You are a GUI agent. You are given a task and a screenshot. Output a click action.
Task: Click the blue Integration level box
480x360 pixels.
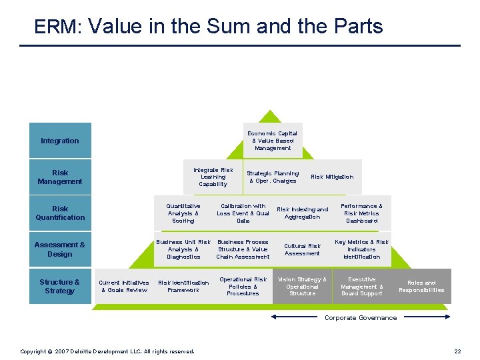[60, 141]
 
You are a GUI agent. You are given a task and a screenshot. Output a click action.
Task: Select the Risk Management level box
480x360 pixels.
[60, 177]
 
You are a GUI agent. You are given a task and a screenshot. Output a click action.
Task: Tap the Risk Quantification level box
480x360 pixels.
[60, 213]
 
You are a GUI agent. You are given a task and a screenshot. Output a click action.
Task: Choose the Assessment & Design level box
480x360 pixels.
[60, 249]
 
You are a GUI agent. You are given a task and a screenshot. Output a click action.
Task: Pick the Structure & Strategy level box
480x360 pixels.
[60, 286]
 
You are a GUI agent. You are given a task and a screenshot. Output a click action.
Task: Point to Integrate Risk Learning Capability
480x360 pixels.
[213, 177]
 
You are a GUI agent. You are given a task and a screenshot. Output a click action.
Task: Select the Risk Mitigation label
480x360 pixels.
[332, 177]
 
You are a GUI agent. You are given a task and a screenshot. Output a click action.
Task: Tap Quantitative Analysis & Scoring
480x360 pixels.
[183, 213]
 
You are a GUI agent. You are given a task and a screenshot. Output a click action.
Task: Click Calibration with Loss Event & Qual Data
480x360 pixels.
[243, 213]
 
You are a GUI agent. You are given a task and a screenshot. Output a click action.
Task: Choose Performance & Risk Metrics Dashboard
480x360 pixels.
[361, 213]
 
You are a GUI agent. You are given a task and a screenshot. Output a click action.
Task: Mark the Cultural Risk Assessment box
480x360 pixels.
[302, 249]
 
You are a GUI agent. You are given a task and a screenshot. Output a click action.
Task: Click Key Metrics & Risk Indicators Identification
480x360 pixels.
[361, 249]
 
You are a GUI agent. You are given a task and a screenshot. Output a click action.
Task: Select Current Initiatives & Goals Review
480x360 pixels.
[124, 286]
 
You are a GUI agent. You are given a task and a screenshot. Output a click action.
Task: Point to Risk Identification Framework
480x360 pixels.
[183, 286]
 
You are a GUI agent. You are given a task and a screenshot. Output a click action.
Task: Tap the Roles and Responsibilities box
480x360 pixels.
[421, 286]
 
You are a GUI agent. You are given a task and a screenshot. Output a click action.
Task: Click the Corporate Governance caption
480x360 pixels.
[361, 318]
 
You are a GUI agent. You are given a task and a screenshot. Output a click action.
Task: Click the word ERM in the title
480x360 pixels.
[57, 27]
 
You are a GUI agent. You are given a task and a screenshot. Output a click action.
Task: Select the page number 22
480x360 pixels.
[457, 351]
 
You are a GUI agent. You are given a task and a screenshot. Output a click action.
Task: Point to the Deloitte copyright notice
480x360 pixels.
[107, 351]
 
